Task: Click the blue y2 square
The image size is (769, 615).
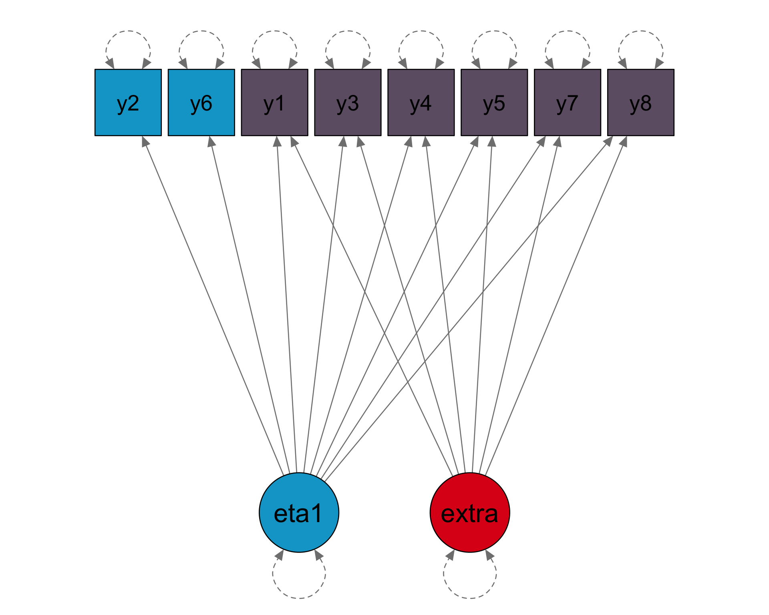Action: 128,102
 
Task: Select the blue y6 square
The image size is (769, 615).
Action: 201,102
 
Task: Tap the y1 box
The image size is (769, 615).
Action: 274,102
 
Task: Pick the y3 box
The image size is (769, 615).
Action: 348,102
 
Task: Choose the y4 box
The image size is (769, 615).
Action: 421,102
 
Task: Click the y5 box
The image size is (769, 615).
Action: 494,102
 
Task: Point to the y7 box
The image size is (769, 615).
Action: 568,102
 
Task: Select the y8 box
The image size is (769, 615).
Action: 641,102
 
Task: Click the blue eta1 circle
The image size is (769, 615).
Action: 299,512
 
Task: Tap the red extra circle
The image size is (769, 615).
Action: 470,512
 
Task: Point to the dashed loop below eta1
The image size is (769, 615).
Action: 299,597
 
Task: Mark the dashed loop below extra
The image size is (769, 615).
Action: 470,597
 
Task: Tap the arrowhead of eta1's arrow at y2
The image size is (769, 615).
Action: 145,141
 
